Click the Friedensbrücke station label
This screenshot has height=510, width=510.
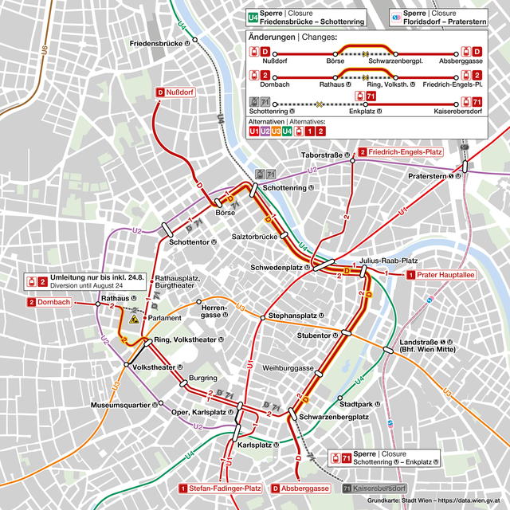coord(163,42)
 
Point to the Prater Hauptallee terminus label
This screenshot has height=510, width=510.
coord(441,275)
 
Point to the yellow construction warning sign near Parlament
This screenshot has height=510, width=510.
coord(135,319)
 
